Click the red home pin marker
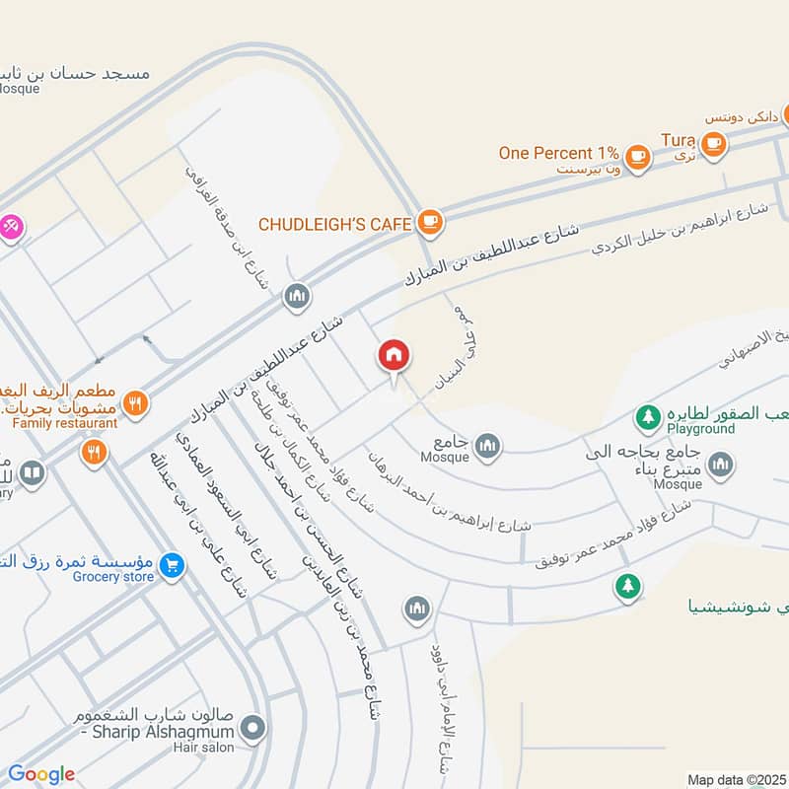394,356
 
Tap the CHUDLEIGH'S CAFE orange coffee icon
429,223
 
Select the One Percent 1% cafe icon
638,156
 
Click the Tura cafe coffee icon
715,144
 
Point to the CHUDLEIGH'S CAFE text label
334,225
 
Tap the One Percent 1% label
558,153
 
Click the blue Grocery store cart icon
172,566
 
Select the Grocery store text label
111,576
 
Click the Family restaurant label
65,423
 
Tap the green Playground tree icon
647,417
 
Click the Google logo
41,774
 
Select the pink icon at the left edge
11,226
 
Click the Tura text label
679,140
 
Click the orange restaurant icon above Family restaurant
137,402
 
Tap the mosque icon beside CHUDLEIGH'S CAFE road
297,295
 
